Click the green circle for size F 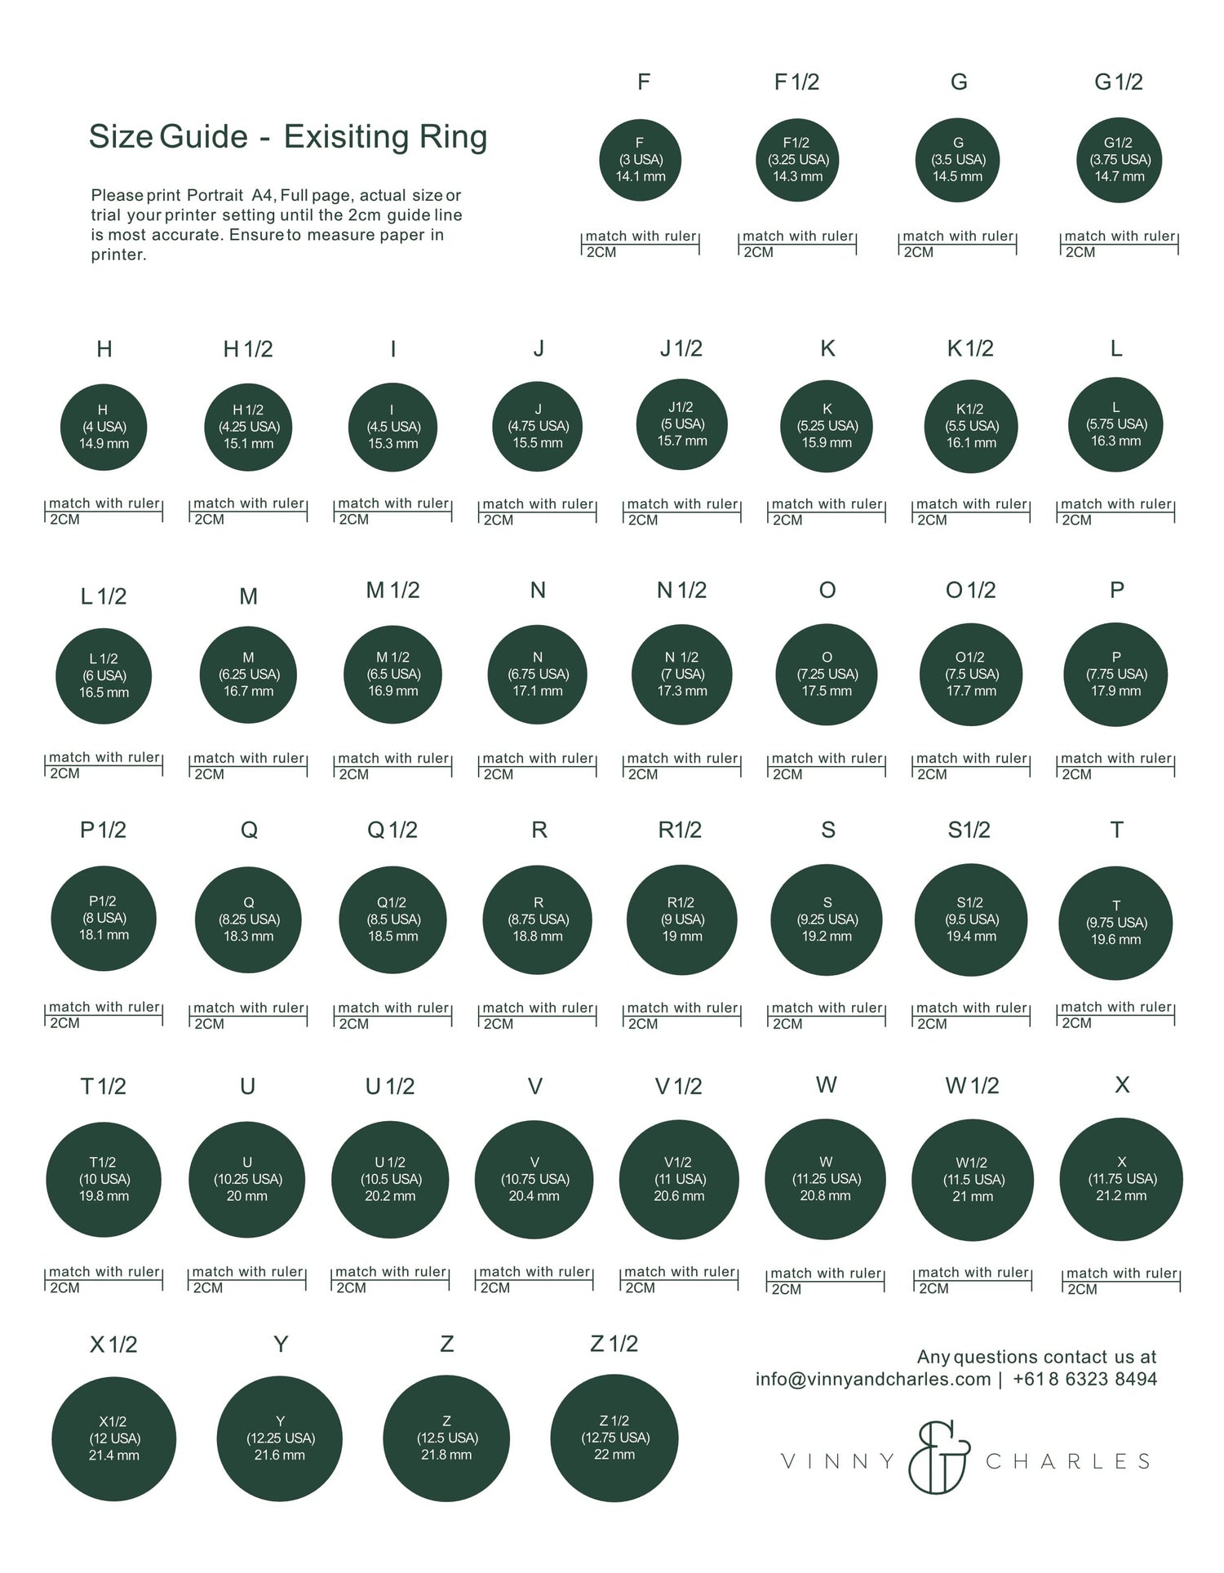click(x=640, y=160)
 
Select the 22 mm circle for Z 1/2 click(x=614, y=1438)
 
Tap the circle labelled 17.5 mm click(x=827, y=675)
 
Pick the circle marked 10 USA click(x=104, y=1180)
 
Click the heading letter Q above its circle click(x=249, y=831)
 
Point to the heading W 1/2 click(x=972, y=1086)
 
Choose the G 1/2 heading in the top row click(x=1118, y=82)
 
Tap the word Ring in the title click(x=453, y=137)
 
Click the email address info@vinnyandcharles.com click(x=872, y=1379)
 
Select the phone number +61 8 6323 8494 click(x=1084, y=1379)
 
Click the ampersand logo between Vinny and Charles click(x=940, y=1457)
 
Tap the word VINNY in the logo click(x=838, y=1461)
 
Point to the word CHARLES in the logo click(x=1067, y=1461)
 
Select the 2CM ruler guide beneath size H click(x=104, y=512)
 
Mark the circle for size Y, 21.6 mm click(x=279, y=1438)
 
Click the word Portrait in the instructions click(x=215, y=196)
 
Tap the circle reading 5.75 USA click(x=1116, y=424)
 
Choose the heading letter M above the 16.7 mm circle click(x=249, y=597)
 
